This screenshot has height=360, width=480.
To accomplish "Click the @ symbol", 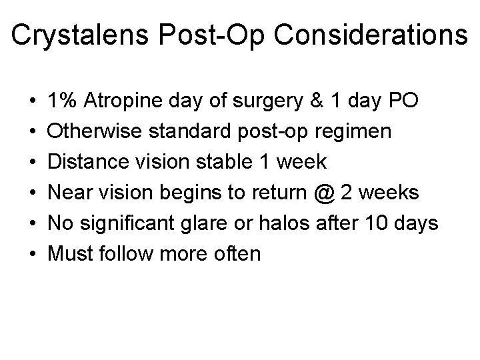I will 325,193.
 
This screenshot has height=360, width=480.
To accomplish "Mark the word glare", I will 227,223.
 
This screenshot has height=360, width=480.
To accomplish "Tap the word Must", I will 70,254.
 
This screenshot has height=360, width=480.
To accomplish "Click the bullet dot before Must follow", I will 34,254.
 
